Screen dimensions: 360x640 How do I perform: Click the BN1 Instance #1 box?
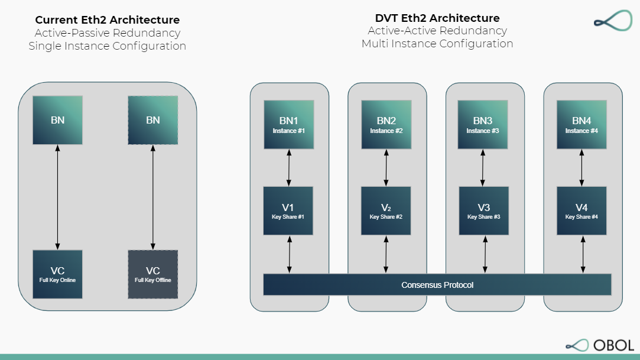288,125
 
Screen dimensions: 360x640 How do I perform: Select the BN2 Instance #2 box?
386,125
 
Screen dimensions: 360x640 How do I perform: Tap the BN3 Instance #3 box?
483,125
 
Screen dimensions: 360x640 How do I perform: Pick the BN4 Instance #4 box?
581,125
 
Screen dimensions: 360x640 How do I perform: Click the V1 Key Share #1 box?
288,211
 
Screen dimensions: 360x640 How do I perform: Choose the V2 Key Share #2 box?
386,211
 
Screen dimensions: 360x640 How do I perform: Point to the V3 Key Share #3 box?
483,211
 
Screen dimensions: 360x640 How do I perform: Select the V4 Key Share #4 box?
581,211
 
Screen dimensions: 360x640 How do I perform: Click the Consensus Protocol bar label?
437,285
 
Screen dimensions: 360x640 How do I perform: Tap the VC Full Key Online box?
57,274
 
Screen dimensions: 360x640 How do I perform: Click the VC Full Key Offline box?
153,274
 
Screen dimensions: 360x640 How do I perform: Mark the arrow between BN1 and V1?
289,168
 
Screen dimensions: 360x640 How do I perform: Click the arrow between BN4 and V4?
582,168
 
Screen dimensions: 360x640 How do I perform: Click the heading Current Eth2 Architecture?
108,20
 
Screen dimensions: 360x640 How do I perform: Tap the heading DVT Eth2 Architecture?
437,18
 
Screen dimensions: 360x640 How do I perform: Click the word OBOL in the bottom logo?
615,345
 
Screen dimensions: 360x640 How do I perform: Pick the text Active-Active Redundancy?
437,31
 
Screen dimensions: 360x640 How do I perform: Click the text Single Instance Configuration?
108,46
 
